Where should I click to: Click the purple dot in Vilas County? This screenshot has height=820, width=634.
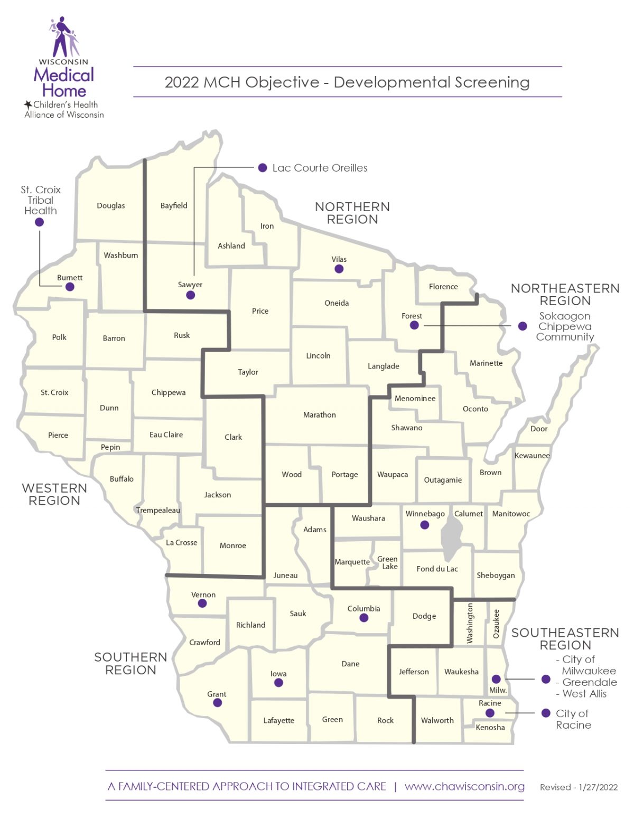(x=339, y=269)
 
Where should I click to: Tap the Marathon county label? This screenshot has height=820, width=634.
(x=319, y=415)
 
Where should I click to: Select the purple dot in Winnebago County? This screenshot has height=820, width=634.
(x=424, y=525)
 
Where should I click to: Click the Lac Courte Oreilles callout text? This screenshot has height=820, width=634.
(x=320, y=168)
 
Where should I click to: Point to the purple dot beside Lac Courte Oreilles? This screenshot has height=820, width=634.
(x=263, y=168)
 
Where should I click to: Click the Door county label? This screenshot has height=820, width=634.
(x=539, y=429)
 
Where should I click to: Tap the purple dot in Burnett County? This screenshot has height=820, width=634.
(x=70, y=287)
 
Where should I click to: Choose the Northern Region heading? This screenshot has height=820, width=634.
(x=352, y=213)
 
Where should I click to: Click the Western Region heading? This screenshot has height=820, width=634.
(x=54, y=494)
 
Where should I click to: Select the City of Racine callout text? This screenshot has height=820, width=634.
(x=573, y=719)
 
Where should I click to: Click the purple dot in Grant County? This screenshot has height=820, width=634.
(x=217, y=703)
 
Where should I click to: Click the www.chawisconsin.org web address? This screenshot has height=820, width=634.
(x=464, y=786)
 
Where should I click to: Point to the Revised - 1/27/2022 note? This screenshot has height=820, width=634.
(x=579, y=787)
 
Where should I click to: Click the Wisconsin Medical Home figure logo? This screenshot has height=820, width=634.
(x=64, y=37)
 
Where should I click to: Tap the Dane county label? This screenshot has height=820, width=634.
(x=350, y=664)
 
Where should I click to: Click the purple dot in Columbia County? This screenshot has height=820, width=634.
(x=364, y=618)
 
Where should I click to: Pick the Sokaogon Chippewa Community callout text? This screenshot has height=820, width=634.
(x=565, y=326)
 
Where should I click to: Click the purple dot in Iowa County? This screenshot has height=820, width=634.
(x=278, y=683)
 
